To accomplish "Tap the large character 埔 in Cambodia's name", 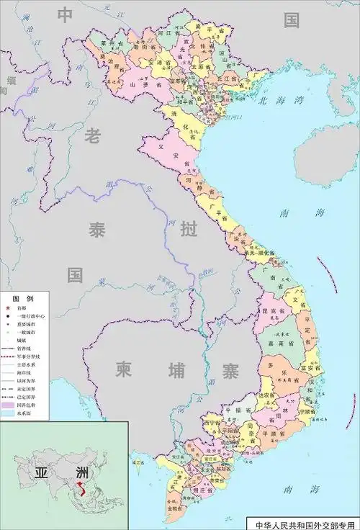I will click(x=176, y=369).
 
